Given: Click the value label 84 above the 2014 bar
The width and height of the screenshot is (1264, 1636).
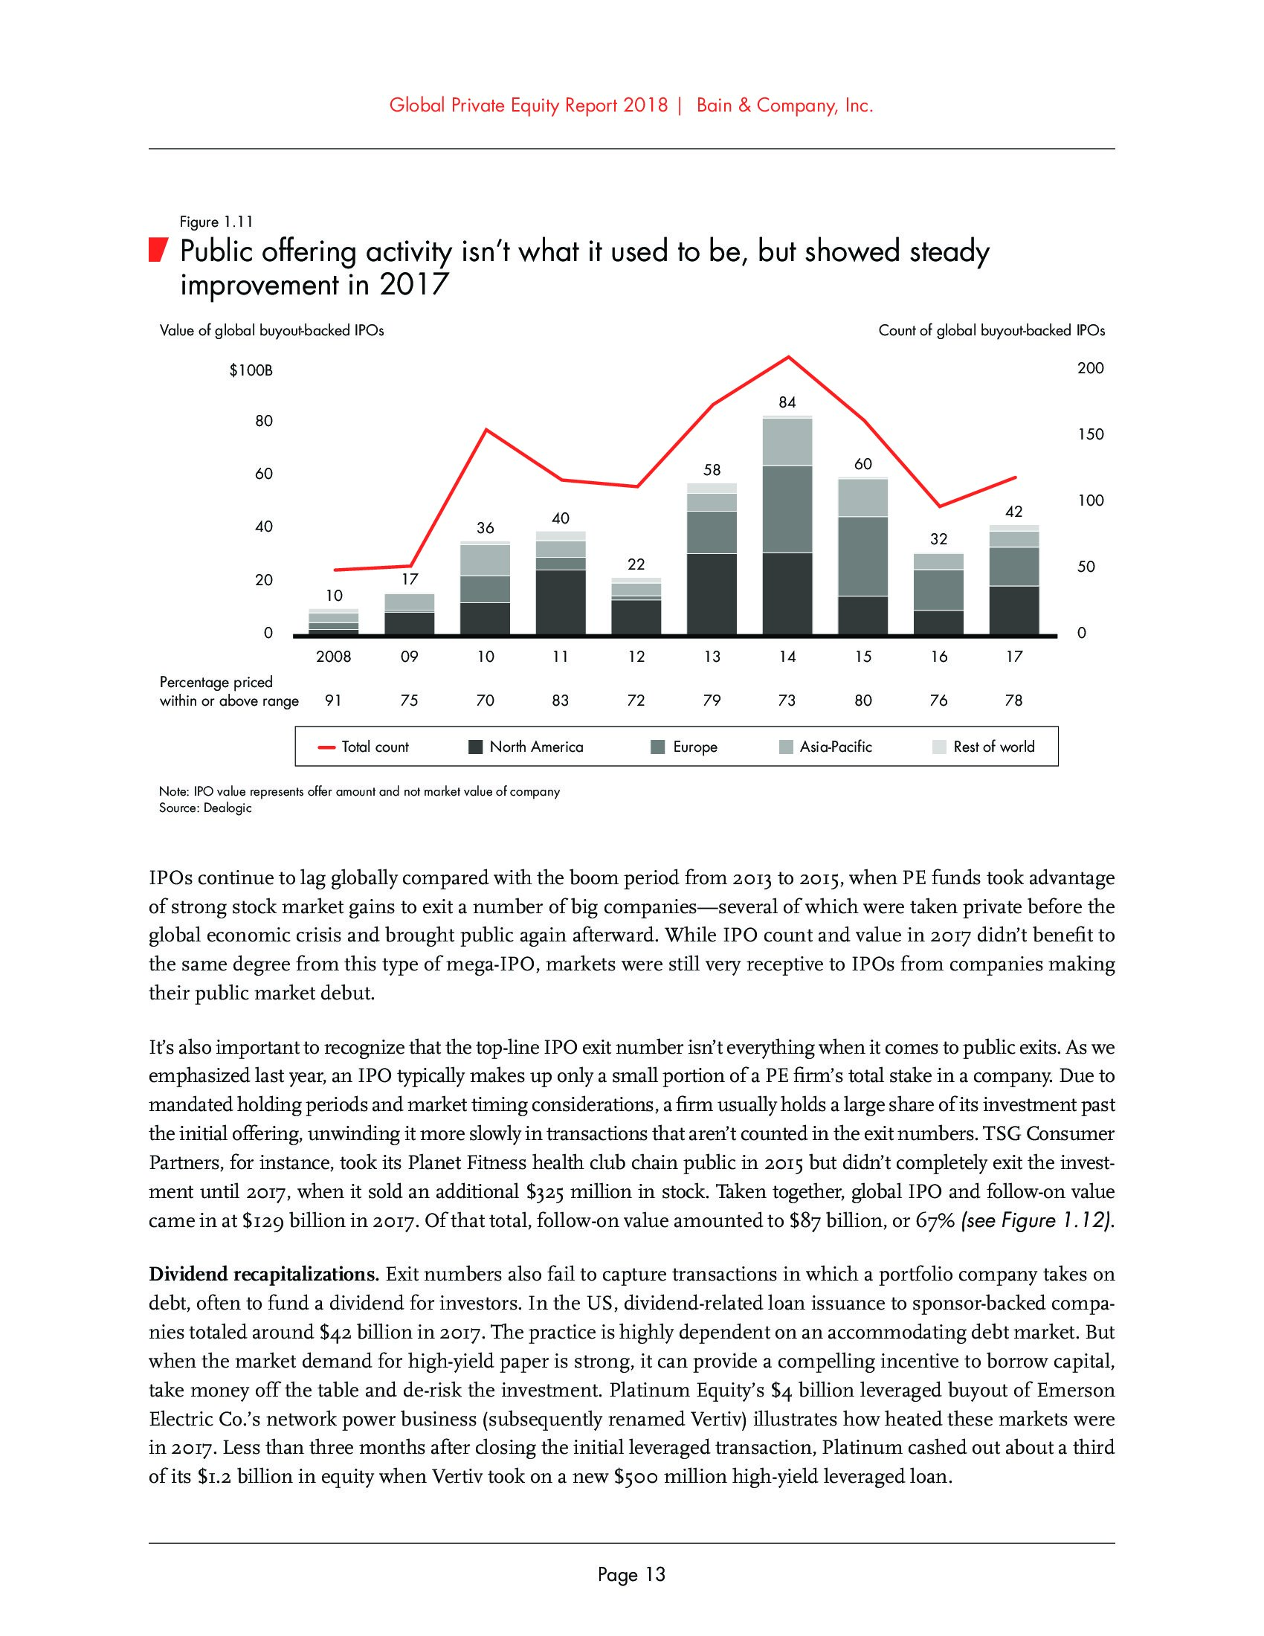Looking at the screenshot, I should (787, 402).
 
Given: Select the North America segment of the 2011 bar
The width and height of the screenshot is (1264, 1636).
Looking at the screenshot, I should (560, 602).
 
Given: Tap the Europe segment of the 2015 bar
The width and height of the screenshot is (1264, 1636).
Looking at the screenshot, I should (862, 555).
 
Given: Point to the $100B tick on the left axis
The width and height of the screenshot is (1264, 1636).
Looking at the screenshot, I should (251, 370).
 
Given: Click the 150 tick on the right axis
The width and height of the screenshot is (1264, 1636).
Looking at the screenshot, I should (1090, 434).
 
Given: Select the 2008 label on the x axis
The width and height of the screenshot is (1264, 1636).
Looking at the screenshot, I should (333, 657).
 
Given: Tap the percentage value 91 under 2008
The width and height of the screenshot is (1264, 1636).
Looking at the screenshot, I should (333, 701).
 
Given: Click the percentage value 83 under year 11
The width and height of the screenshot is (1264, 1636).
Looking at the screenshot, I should (560, 701).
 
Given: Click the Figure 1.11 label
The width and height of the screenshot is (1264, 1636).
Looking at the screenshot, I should (216, 222).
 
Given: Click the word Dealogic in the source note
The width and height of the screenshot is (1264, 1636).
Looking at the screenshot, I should (228, 808).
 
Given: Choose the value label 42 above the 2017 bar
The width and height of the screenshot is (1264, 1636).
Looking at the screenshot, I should (1013, 512).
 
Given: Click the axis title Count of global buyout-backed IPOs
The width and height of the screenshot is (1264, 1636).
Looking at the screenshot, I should (991, 330).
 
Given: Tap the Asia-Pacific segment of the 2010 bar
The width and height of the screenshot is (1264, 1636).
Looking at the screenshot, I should (486, 559).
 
